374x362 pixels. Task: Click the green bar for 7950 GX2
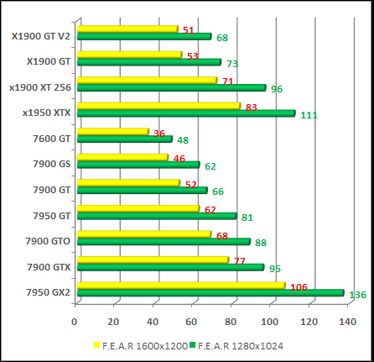pyautogui.click(x=210, y=292)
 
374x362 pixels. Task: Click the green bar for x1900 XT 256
pyautogui.click(x=170, y=87)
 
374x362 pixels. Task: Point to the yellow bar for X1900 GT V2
pyautogui.click(x=127, y=29)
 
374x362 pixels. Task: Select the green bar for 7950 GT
pyautogui.click(x=156, y=216)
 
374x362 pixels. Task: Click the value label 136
pyautogui.click(x=357, y=295)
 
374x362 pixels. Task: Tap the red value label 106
pyautogui.click(x=298, y=287)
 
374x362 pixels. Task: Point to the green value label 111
pyautogui.click(x=309, y=115)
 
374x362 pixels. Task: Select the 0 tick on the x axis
pyautogui.click(x=75, y=321)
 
